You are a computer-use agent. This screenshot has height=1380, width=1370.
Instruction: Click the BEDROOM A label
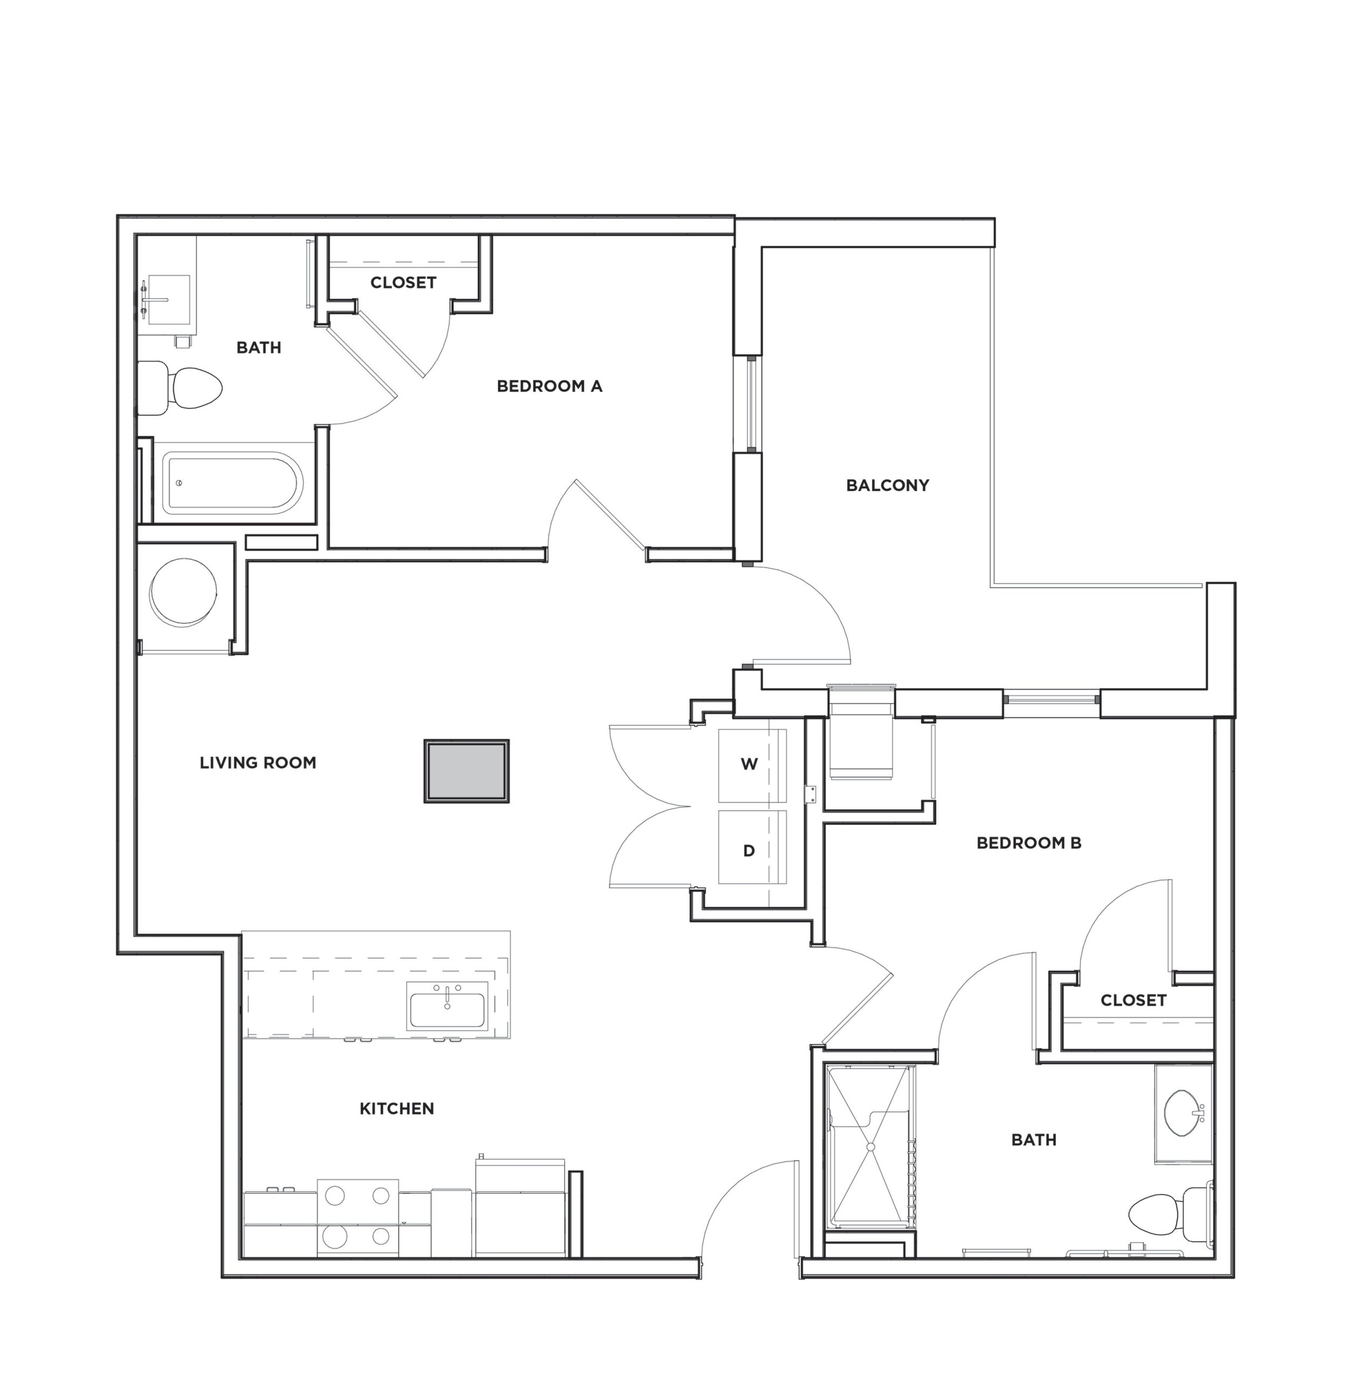549,387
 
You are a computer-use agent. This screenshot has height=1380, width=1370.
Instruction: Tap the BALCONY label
887,486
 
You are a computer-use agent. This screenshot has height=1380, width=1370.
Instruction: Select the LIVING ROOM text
257,763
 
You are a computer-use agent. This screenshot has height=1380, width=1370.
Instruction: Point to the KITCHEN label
397,1108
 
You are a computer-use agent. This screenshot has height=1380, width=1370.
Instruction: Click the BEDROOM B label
1028,843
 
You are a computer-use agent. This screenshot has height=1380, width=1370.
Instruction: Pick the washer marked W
751,765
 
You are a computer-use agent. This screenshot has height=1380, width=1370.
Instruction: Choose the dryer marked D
751,850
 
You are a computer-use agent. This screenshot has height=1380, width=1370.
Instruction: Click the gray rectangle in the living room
466,771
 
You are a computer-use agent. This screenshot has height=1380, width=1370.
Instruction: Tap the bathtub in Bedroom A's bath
232,484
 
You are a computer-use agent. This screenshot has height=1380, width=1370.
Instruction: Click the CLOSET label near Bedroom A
403,283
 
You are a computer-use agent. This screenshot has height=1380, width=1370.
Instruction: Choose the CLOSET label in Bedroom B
1133,1000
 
